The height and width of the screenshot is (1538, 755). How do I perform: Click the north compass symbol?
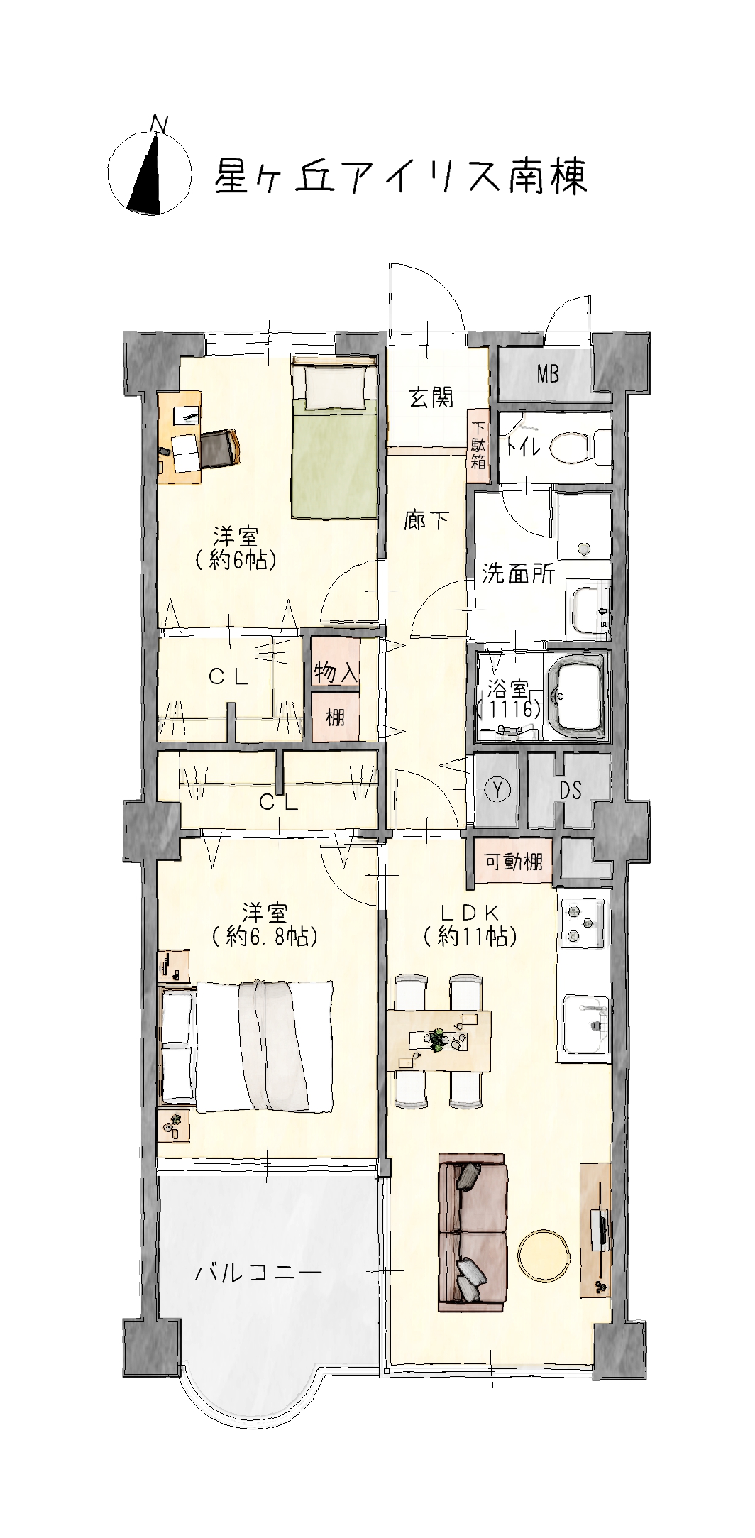tap(150, 170)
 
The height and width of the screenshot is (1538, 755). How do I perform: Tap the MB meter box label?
tap(548, 373)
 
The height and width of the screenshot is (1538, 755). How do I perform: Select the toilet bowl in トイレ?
tap(576, 447)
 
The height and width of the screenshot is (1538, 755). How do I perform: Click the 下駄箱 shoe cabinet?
tap(478, 446)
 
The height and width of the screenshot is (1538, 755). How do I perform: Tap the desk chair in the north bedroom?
tap(221, 449)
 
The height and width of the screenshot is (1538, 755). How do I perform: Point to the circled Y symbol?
tap(497, 789)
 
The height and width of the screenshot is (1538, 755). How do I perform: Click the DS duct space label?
tap(570, 790)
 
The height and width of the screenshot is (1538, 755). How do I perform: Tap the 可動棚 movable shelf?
tap(514, 861)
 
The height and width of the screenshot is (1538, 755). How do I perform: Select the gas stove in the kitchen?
tap(582, 921)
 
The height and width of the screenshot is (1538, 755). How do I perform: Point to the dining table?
tap(439, 1040)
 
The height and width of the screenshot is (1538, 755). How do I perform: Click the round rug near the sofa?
tap(544, 1257)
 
